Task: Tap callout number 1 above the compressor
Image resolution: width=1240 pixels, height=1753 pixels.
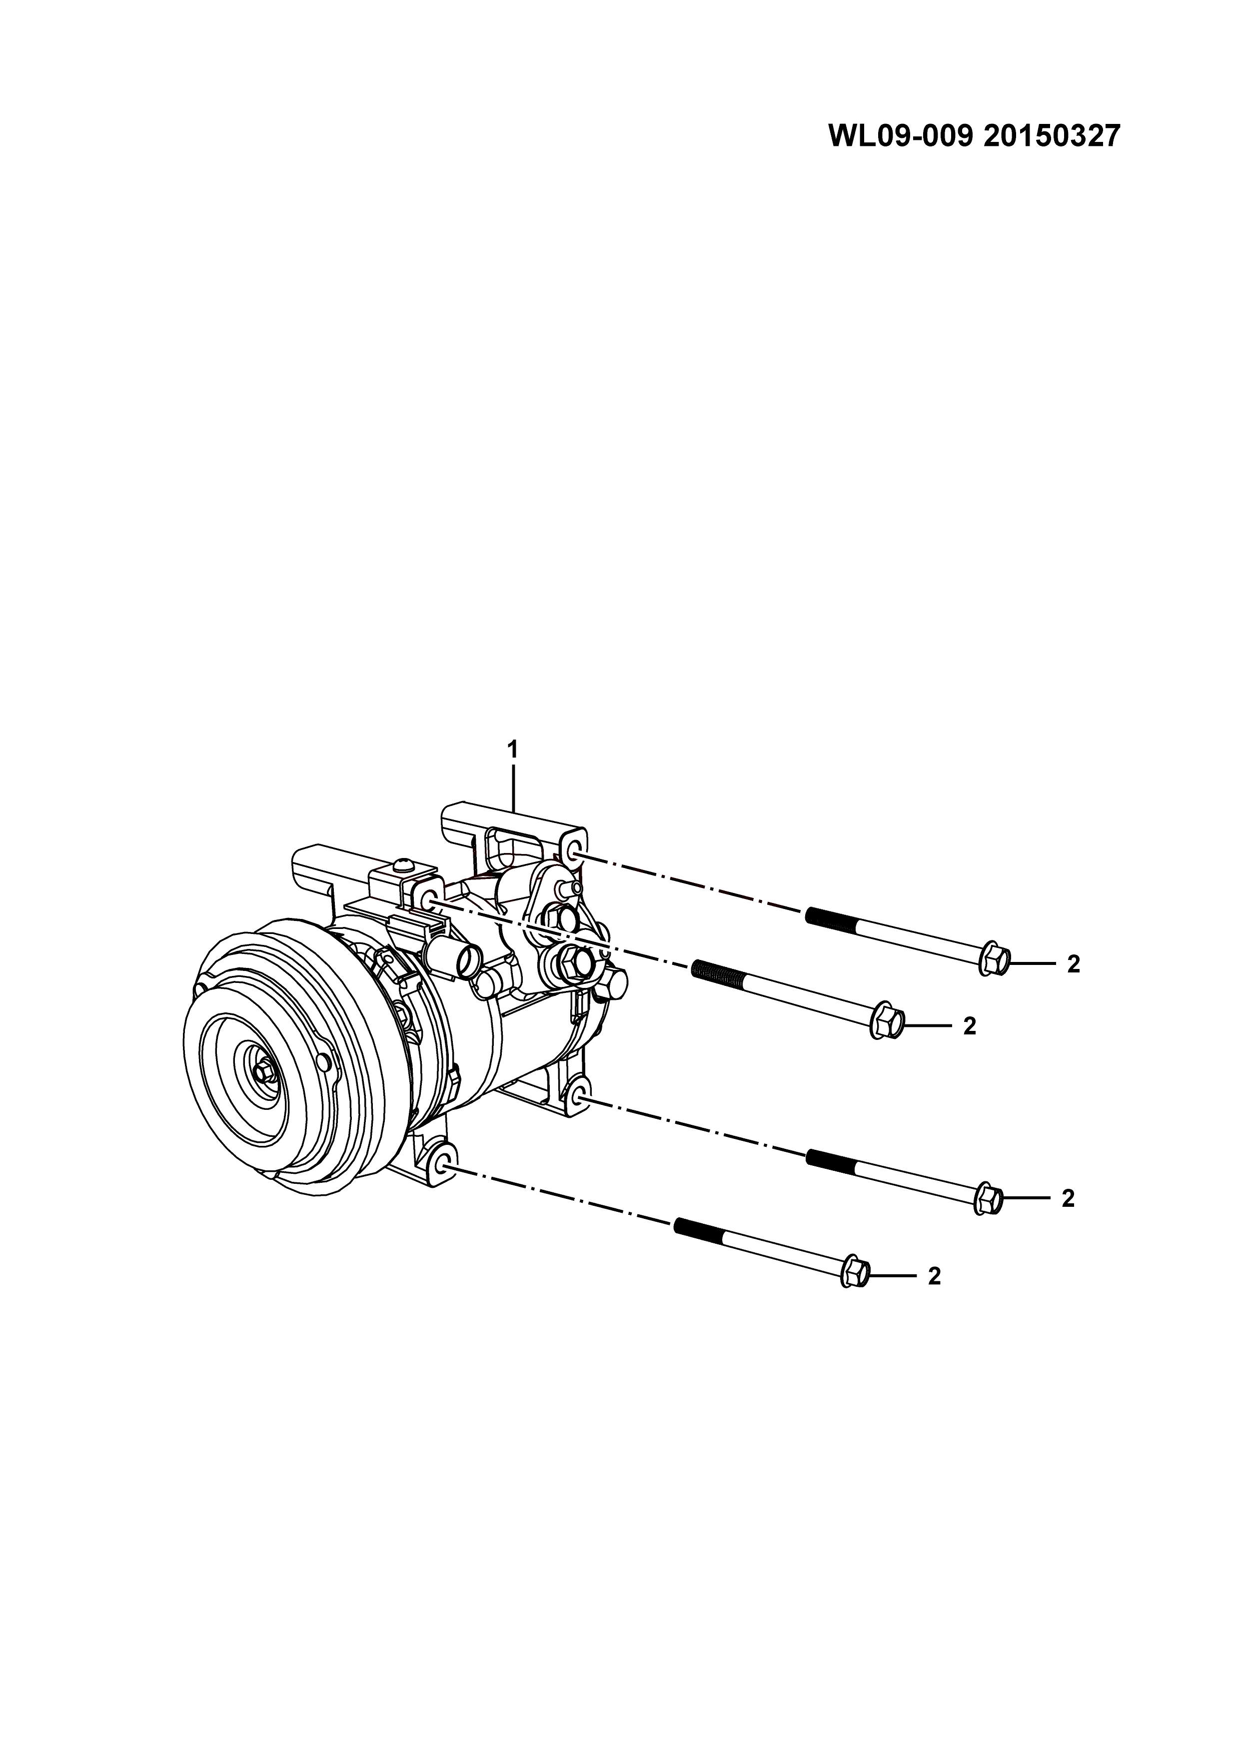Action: pyautogui.click(x=513, y=751)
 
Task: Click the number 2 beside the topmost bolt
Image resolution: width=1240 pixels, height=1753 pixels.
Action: pyautogui.click(x=1074, y=965)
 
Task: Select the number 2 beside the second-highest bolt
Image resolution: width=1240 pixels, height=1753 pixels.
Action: pyautogui.click(x=970, y=1026)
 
